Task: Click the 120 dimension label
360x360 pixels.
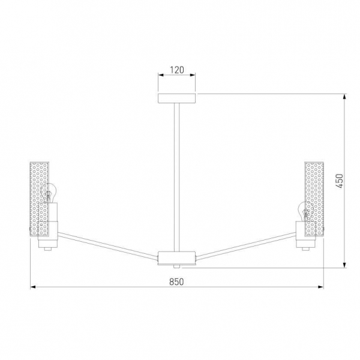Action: [177, 70]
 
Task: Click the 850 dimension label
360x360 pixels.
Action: [176, 282]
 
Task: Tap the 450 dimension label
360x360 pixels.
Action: [340, 181]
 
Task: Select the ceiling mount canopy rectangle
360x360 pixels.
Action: [176, 98]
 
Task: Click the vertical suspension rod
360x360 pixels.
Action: [177, 177]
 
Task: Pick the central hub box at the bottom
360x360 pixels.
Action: [176, 258]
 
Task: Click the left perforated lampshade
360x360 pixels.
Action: [39, 199]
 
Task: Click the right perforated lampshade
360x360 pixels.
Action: [314, 199]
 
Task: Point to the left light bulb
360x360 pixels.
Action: [49, 193]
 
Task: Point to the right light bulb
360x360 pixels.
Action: [305, 211]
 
